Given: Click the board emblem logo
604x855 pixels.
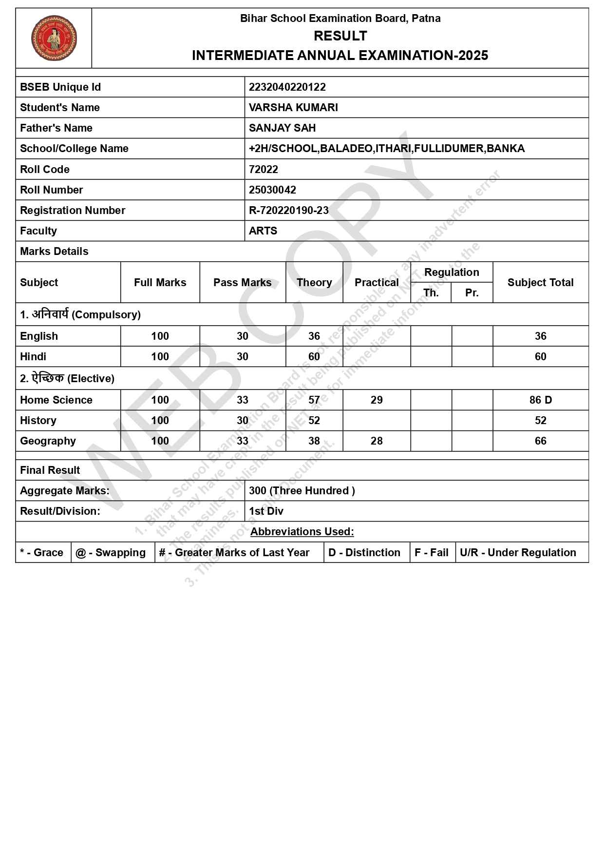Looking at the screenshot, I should click(x=54, y=38).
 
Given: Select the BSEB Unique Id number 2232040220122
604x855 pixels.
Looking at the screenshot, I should click(x=287, y=87).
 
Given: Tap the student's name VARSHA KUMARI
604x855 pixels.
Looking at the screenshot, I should click(x=293, y=107).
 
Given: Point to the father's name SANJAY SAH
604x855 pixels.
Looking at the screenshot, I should click(x=283, y=128).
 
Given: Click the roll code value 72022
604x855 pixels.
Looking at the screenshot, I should click(x=264, y=169).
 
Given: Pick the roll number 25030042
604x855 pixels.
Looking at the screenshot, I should click(x=272, y=190).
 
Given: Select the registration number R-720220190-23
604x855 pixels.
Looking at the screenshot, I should click(x=289, y=210).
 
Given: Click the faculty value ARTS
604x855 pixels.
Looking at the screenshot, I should click(x=263, y=231).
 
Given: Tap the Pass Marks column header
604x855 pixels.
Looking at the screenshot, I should click(x=242, y=282).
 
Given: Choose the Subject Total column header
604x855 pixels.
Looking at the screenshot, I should click(x=540, y=282).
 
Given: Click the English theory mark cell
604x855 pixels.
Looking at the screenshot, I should click(x=314, y=336).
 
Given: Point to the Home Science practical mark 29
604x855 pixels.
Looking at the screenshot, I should click(x=377, y=400).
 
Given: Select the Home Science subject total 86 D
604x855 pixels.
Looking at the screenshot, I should click(x=540, y=400).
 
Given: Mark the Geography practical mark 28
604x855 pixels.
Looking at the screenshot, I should click(x=377, y=441).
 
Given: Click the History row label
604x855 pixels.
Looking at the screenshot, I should click(x=38, y=420).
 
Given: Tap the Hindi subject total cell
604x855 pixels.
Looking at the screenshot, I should click(x=540, y=356).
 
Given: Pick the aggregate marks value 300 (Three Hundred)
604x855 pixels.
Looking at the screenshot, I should click(x=302, y=490).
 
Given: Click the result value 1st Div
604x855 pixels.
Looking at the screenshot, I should click(x=266, y=511).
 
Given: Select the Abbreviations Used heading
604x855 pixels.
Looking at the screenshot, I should click(x=302, y=531).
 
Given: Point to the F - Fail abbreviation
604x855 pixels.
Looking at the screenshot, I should click(x=432, y=552).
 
